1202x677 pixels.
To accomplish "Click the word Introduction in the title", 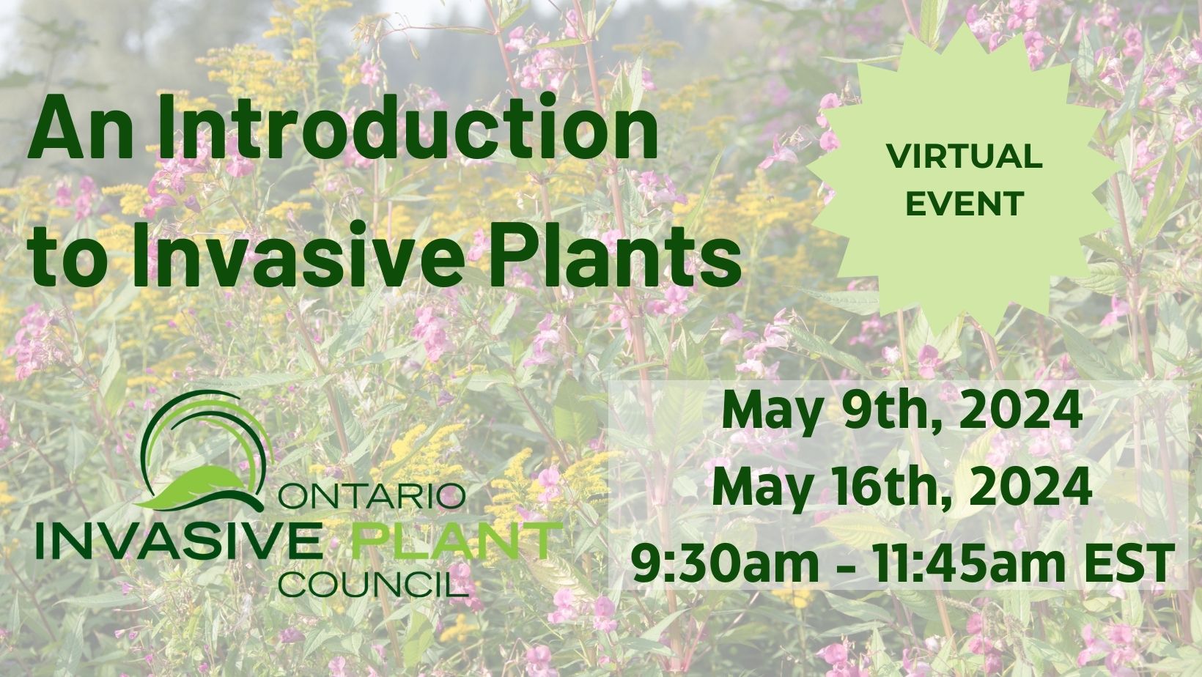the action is pyautogui.click(x=407, y=128).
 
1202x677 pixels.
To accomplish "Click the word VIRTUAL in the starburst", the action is pyautogui.click(x=965, y=157).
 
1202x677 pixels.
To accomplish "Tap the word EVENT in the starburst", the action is pyautogui.click(x=965, y=203).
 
